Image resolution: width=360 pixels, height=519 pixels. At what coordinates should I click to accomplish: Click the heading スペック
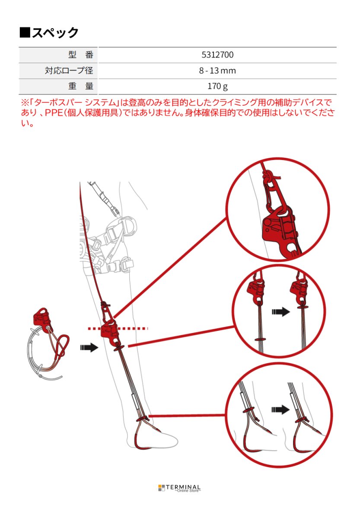point(49,32)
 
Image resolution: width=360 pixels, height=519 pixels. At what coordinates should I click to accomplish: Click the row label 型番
point(81,55)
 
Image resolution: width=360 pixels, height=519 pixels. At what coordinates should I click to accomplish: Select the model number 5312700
point(217,55)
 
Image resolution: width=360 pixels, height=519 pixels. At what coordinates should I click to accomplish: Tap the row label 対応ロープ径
point(69,70)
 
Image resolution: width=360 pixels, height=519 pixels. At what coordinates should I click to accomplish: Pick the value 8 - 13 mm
point(217,70)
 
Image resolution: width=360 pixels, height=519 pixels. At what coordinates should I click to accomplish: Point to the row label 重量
point(81,86)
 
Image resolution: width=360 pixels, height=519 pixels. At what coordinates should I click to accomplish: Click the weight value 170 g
point(217,86)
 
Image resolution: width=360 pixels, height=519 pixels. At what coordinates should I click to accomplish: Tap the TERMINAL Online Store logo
point(179,488)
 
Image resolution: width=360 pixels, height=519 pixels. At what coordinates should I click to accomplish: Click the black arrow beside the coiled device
point(89,347)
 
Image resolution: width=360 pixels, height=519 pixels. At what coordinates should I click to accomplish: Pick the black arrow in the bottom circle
point(280,409)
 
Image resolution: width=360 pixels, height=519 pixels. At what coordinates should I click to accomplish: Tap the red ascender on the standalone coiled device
point(42,317)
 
